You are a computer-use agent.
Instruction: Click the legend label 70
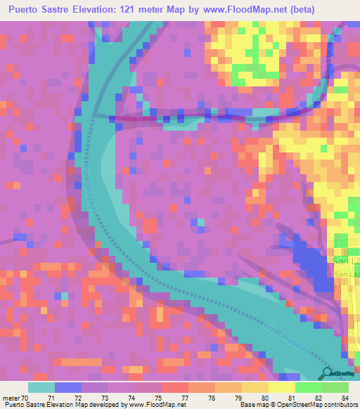25,398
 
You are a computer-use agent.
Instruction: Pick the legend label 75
158,398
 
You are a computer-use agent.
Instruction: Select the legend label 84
343,398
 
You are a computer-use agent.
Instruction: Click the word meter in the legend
11,398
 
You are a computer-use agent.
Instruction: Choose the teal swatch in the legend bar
41,387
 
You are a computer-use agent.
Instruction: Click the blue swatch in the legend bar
68,387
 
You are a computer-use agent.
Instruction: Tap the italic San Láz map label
346,273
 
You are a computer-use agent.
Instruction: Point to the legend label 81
290,398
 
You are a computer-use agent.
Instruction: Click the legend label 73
105,398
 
